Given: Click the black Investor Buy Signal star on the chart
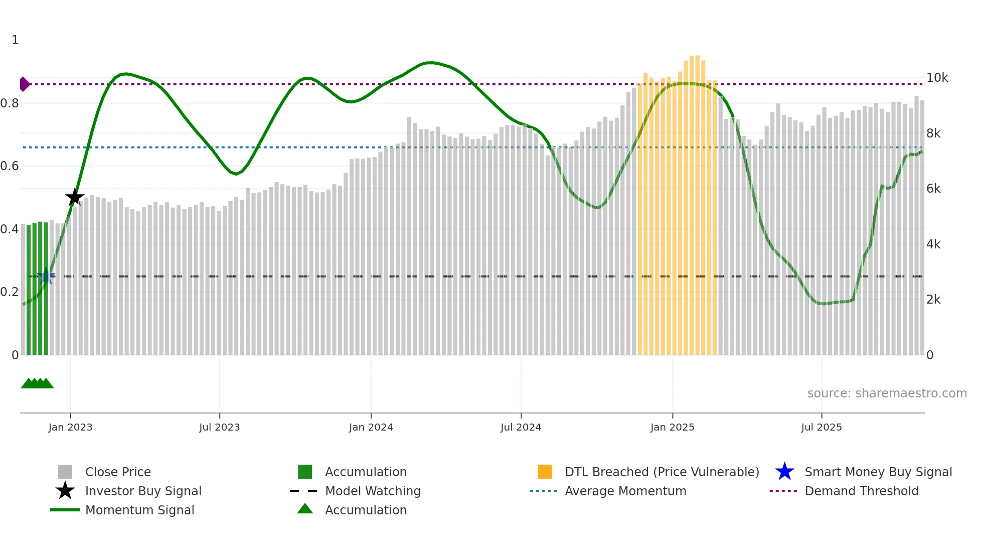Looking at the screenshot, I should coord(74,197).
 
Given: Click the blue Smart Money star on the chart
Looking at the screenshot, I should coord(46,276).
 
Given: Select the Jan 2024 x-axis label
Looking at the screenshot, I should coord(371,428).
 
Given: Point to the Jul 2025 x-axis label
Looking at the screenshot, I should coord(821,428).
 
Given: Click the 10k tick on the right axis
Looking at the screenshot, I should coord(937,78).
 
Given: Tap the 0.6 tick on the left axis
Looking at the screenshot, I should coord(10,166).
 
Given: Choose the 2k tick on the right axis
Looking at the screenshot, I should coord(933,300).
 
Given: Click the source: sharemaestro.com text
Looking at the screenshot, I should coord(887,393).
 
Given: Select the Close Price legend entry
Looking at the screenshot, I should coord(118,472).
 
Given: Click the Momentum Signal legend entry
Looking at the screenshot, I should coord(139,510).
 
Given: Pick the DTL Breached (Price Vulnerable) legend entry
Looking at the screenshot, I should coord(662,472).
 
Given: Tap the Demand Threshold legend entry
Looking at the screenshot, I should coord(861,491).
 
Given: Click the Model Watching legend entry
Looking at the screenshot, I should coord(373,491).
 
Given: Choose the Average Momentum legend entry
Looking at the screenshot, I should coord(625,491).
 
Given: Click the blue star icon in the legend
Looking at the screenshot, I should coord(784,472).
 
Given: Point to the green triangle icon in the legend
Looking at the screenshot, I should coord(305,509).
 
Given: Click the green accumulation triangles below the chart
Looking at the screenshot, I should coord(37,384).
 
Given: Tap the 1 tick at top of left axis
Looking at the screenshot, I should coord(15,40).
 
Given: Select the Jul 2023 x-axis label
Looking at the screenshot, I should coord(219,428).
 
